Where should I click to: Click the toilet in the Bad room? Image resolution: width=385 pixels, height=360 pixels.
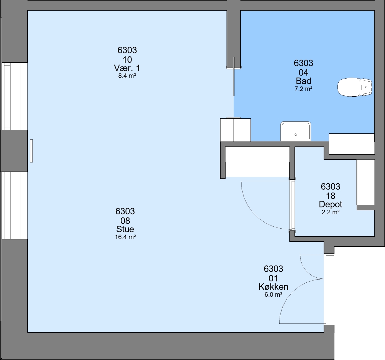pos(355,87)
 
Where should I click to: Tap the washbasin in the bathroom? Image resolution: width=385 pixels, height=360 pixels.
pos(296,131)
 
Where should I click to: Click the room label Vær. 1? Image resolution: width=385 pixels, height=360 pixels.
pos(127,68)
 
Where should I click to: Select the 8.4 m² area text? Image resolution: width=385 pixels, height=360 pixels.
pos(127,76)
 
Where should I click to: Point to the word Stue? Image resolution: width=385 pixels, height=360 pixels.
pos(125,229)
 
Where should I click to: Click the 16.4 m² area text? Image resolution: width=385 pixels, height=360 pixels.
pos(125,237)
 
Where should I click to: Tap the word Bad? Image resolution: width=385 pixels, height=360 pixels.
pos(304,81)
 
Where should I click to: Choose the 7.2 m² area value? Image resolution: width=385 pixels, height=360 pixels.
pos(304,89)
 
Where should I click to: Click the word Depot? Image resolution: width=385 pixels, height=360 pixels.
pos(331,204)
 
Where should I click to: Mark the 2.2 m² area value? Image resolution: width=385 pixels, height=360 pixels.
pos(331,212)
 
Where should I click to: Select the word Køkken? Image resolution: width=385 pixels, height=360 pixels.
pos(273,287)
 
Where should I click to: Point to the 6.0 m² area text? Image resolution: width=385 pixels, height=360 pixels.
pos(273,294)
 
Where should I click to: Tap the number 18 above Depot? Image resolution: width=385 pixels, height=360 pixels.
pos(331,196)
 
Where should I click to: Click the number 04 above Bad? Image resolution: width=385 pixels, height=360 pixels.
pos(304,73)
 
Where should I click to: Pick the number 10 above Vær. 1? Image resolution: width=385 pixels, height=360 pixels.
pos(127,60)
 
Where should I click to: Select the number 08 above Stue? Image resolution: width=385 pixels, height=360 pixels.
pos(125,221)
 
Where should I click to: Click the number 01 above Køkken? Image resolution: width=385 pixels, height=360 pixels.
pos(273,278)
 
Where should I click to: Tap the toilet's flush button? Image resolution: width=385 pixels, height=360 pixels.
pos(366,87)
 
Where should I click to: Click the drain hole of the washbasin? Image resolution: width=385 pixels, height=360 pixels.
pos(296,134)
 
